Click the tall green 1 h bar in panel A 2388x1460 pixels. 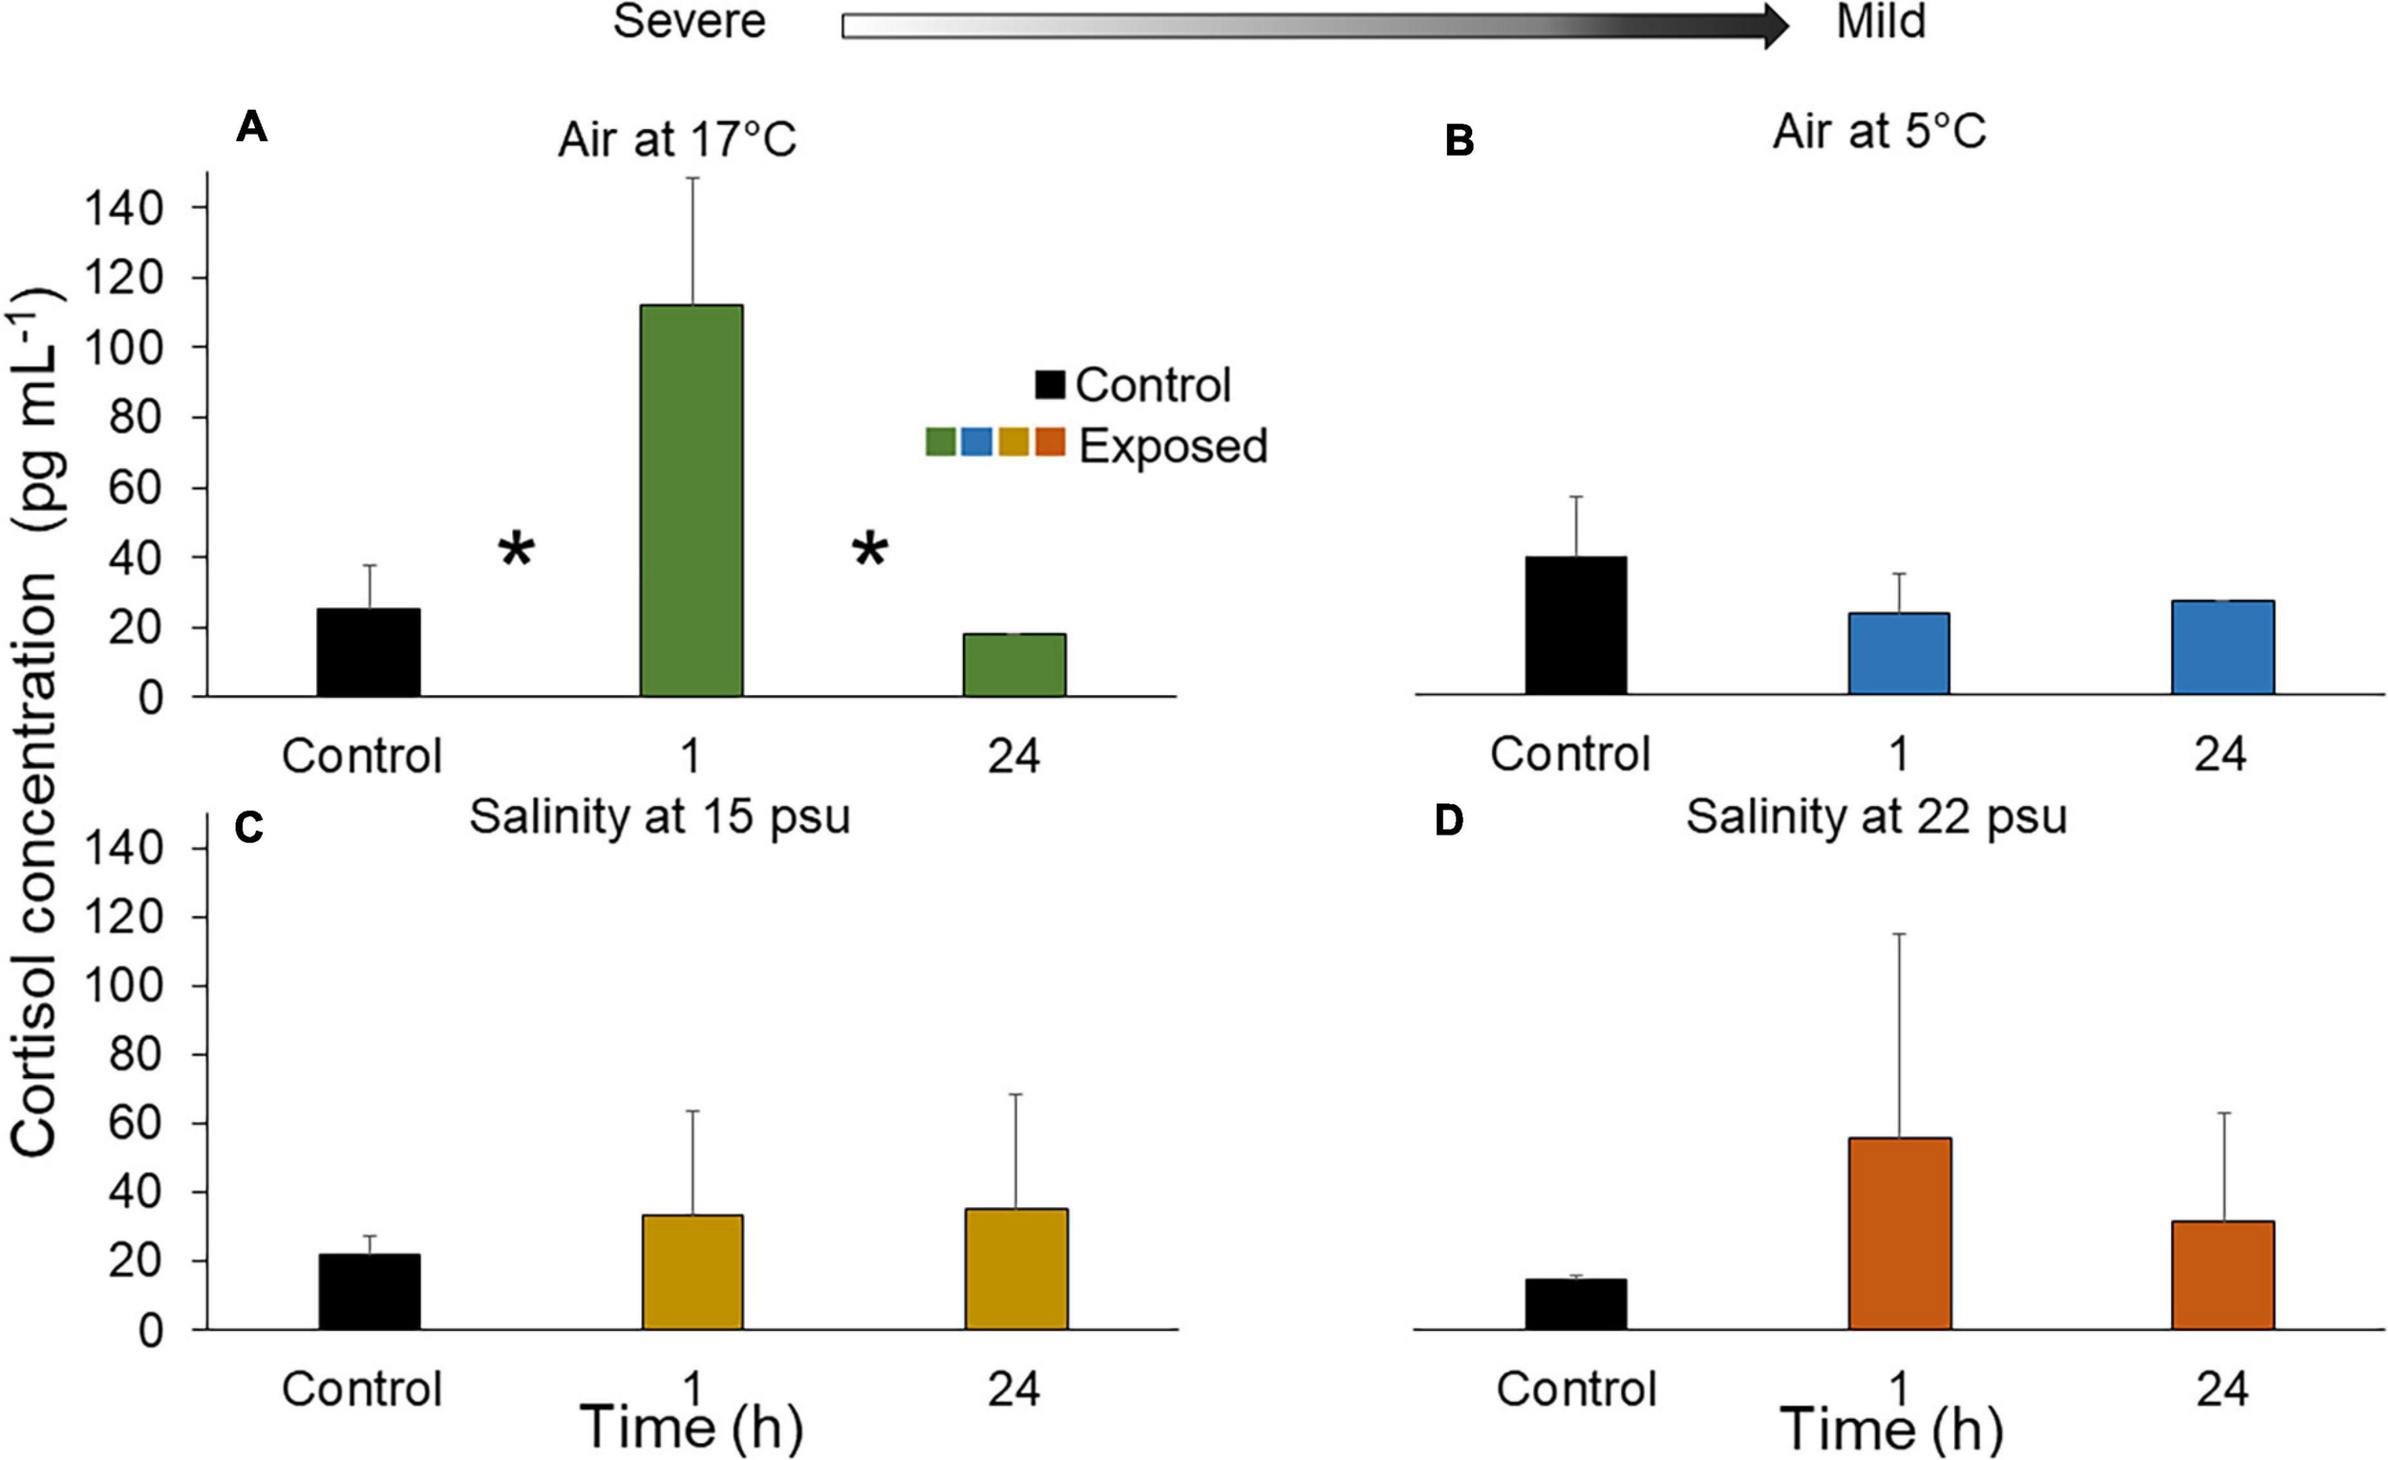pos(691,500)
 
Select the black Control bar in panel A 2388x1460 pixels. pos(369,652)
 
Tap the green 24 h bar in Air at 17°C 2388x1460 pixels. pos(1013,665)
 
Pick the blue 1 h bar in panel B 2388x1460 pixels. pos(1899,653)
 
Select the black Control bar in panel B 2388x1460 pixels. pos(1576,624)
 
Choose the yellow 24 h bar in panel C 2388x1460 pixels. pos(1015,1268)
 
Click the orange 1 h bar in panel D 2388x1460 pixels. pos(1900,1233)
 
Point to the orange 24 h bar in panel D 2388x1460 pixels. pos(2223,1274)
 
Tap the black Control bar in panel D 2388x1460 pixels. pos(1576,1303)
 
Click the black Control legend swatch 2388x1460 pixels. pos(1050,385)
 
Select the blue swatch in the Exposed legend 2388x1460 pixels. pos(976,443)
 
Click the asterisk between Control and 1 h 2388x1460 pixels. pos(516,551)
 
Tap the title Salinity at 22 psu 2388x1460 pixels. pos(1876,816)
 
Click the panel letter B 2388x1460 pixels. pos(1459,141)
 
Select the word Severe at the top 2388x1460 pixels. pos(689,21)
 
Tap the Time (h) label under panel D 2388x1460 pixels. pos(1891,1429)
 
